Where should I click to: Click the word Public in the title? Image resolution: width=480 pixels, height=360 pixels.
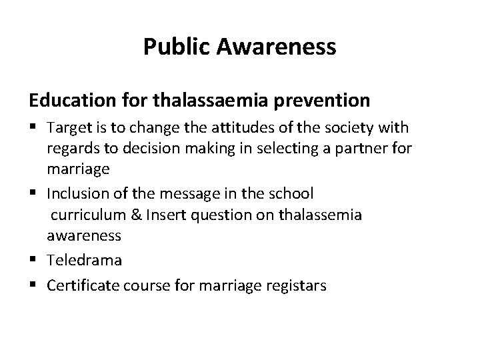click(x=172, y=47)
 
